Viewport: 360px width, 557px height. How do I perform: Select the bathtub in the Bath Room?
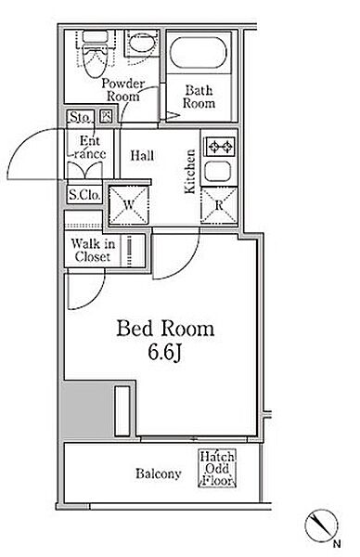pos(199,53)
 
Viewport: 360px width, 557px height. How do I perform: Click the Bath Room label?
pos(199,97)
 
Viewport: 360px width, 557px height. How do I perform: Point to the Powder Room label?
pos(122,90)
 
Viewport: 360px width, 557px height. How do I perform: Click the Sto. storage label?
pos(81,117)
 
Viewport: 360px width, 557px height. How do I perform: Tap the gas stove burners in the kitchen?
pos(220,147)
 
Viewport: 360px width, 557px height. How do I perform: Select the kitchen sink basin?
pos(218,171)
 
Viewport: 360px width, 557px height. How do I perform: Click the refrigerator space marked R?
pos(219,205)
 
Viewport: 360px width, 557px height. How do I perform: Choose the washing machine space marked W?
pos(129,205)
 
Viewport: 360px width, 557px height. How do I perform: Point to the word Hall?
pos(142,155)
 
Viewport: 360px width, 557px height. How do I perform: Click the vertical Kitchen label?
pos(190,171)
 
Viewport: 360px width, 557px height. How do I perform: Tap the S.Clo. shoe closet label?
pos(84,194)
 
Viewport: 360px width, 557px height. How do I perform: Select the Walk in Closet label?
pos(93,250)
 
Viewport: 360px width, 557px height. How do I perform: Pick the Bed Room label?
pos(165,329)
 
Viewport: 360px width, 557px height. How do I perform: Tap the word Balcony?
pos(159,473)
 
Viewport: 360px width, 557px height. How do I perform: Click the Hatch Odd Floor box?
pos(217,468)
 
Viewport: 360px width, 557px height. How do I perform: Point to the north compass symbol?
pos(322,525)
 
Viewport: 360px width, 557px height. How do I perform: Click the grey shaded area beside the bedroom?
pos(87,410)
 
